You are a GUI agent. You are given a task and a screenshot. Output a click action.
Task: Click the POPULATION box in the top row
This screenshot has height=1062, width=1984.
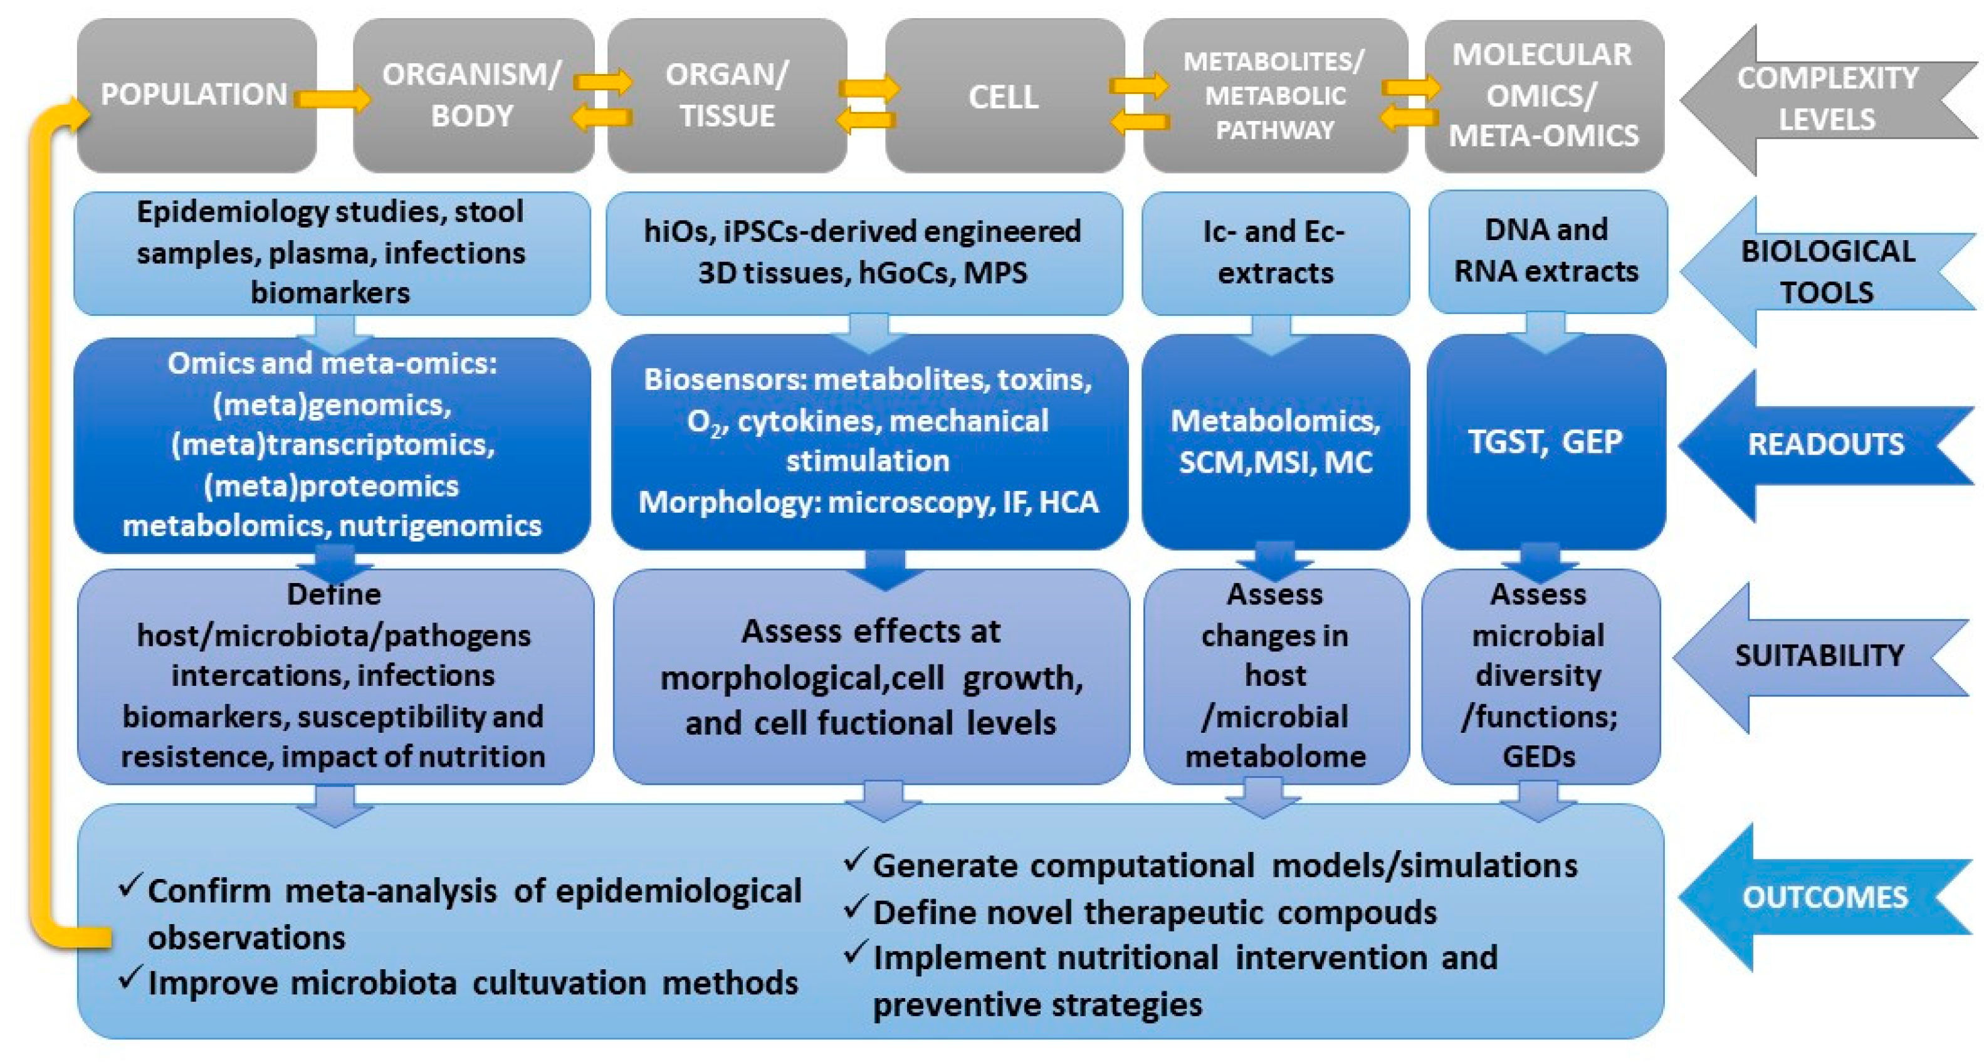(x=194, y=95)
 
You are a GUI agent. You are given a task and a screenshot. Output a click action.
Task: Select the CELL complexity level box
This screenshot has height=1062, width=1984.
(x=1004, y=97)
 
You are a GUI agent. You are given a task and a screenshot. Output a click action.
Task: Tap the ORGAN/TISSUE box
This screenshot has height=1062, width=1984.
(x=727, y=95)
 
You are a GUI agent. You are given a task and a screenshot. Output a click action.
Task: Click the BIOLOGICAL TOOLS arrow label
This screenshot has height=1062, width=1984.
(x=1827, y=271)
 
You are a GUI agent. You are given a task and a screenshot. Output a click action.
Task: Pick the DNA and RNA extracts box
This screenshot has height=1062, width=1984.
(x=1546, y=251)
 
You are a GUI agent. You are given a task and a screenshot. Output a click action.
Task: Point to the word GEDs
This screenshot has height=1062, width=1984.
(x=1538, y=756)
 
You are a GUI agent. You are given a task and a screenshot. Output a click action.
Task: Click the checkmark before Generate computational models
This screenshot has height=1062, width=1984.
(x=856, y=860)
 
